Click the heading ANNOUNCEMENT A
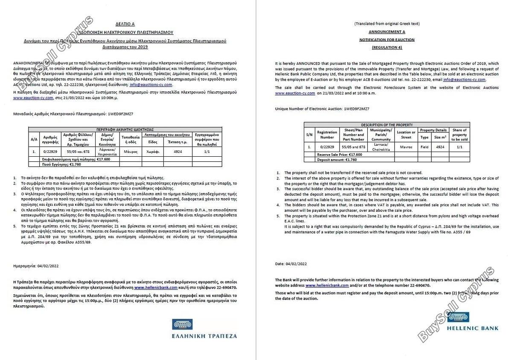(387, 32)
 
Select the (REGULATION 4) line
(387, 47)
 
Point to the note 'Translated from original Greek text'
(387, 23)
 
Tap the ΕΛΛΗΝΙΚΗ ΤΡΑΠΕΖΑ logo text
(204, 336)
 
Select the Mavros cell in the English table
(406, 147)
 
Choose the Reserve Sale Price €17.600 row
(340, 154)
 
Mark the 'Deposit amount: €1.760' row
(337, 159)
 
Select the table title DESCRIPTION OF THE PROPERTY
(387, 125)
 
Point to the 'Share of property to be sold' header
(459, 135)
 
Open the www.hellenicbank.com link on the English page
(327, 285)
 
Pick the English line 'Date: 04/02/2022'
(291, 264)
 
